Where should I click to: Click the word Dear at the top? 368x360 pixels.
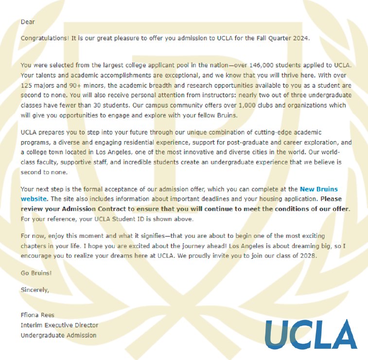[x=28, y=22]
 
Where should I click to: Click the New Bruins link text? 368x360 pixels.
[x=318, y=189]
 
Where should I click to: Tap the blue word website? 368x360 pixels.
[x=34, y=198]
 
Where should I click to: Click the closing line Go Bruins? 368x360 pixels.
[x=36, y=273]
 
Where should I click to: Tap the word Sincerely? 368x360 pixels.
[x=35, y=289]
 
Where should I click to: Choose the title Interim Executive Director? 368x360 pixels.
[x=59, y=325]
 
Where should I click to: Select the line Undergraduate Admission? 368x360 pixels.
[x=58, y=335]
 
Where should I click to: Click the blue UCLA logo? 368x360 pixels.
[x=311, y=335]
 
